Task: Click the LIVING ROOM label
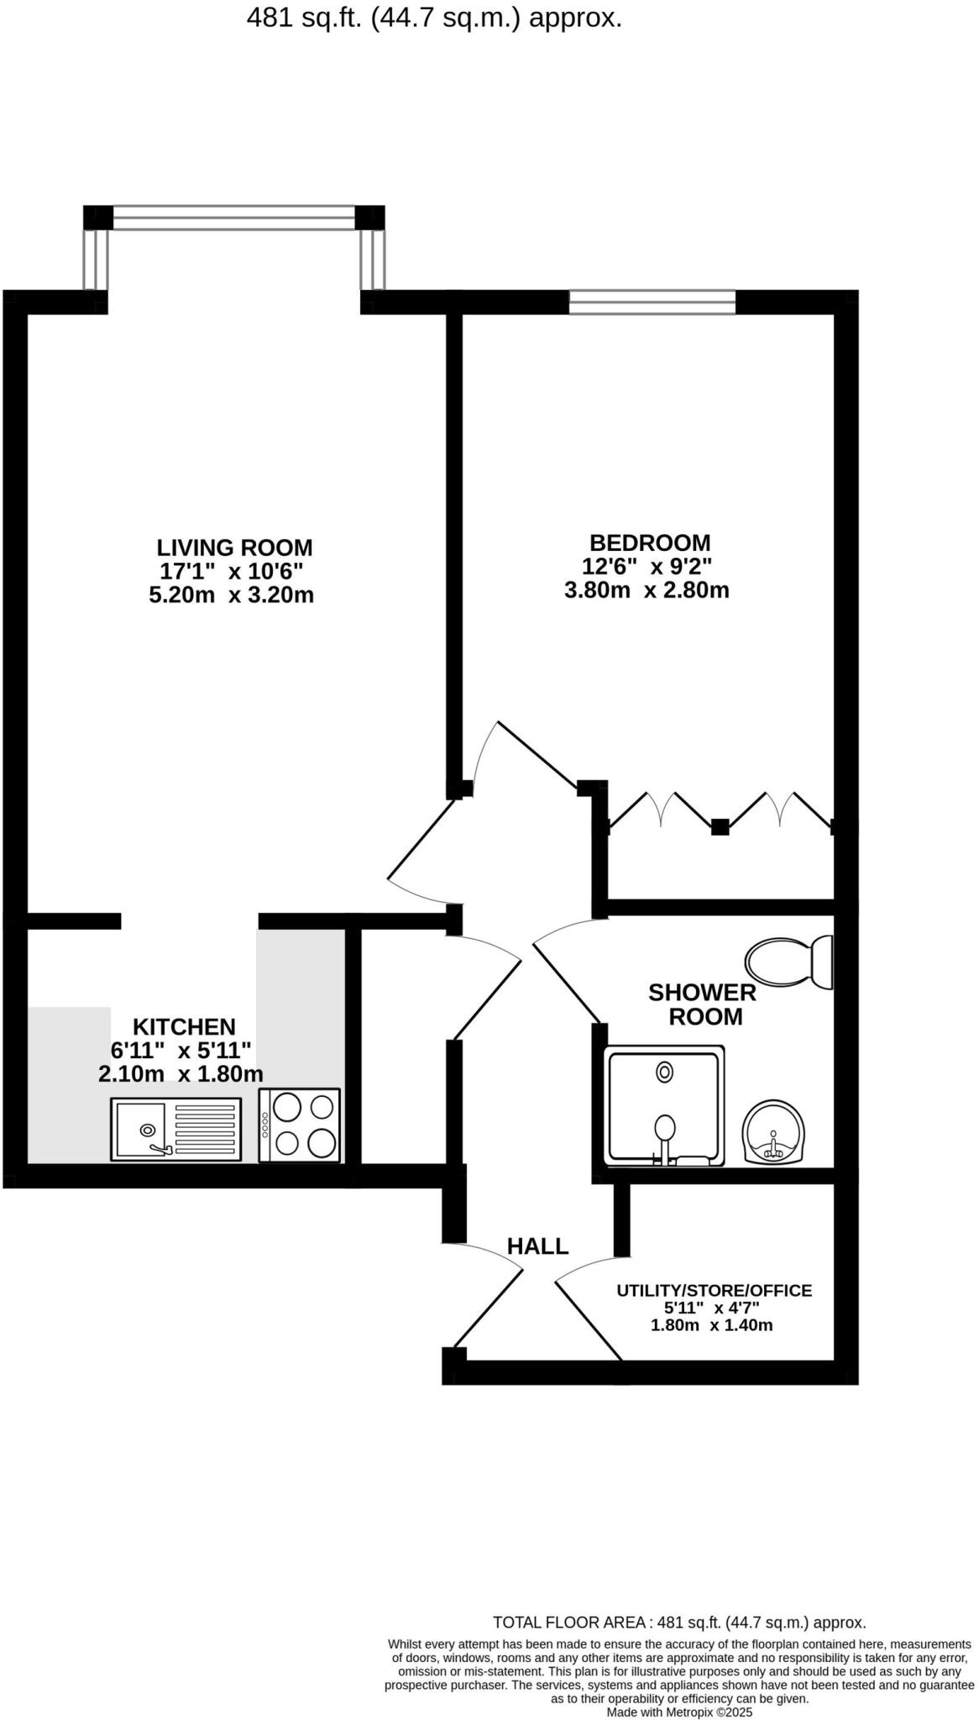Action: (234, 548)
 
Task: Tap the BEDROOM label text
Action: (649, 543)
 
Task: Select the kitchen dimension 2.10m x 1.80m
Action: (181, 1073)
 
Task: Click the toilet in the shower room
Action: (788, 962)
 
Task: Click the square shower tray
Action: (665, 1105)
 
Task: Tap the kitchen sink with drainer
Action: (175, 1130)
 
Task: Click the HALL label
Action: (537, 1246)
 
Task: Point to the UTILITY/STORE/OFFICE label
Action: (714, 1291)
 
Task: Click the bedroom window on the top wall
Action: (652, 302)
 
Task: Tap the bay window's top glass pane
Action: (233, 218)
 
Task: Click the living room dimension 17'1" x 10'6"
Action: (231, 572)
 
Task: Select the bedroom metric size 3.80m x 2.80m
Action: (647, 590)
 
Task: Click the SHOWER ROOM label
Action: (702, 1004)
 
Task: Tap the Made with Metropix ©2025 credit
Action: (679, 1712)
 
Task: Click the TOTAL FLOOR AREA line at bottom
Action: (678, 1623)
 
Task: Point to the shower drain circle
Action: (665, 1072)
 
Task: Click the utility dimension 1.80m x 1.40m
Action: (711, 1326)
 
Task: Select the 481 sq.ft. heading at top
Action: (434, 18)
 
